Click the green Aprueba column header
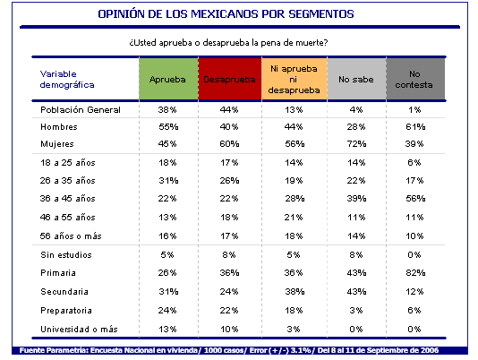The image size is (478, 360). click(168, 79)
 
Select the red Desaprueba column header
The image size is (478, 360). click(230, 79)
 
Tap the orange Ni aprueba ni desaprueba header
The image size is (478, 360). click(294, 79)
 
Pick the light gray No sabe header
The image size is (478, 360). click(356, 79)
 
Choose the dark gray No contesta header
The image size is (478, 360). click(415, 79)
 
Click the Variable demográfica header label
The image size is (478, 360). click(67, 80)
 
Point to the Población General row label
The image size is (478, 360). click(81, 110)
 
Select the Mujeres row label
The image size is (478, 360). click(57, 144)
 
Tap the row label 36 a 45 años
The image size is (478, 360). click(68, 199)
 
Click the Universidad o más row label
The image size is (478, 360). click(79, 330)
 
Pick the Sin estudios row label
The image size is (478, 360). click(66, 254)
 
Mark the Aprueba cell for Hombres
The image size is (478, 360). click(168, 127)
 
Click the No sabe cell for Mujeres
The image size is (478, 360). click(356, 144)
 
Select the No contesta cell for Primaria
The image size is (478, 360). click(415, 273)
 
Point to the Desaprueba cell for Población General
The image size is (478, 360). click(229, 110)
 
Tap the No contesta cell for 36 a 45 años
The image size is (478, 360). click(415, 199)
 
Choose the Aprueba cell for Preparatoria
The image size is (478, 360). click(167, 311)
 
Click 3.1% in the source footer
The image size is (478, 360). click(301, 350)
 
